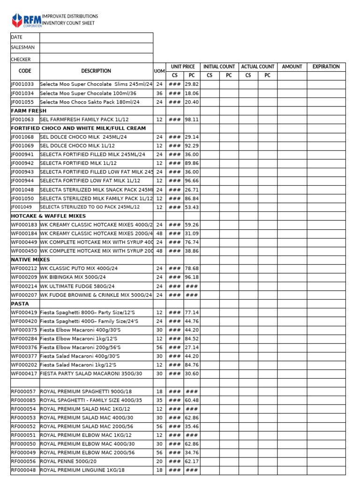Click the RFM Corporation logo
click(x=26, y=20)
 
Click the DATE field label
click(x=16, y=37)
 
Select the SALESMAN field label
click(x=22, y=47)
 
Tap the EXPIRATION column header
click(x=326, y=67)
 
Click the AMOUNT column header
click(x=292, y=67)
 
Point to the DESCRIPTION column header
click(x=96, y=71)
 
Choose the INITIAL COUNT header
click(x=219, y=67)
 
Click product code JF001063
click(x=22, y=120)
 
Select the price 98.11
click(x=192, y=120)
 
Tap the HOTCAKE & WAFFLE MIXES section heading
click(x=48, y=216)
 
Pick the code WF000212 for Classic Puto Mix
click(x=24, y=269)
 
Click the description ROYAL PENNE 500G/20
click(x=69, y=461)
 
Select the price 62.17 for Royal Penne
click(x=192, y=461)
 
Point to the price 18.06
click(x=192, y=93)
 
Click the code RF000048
click(x=23, y=470)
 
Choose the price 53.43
click(x=192, y=207)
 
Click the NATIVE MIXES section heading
click(x=30, y=260)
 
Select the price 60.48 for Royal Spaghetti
click(x=192, y=400)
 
